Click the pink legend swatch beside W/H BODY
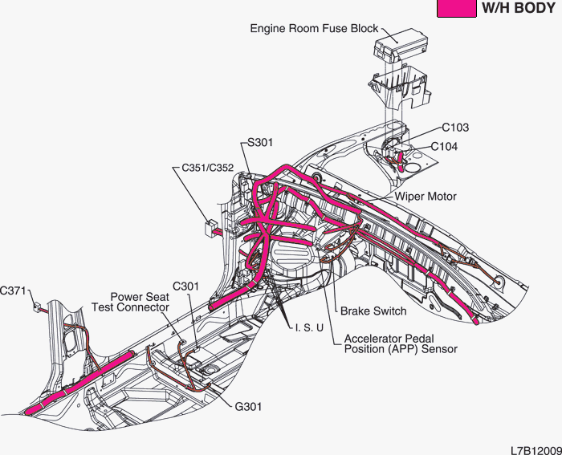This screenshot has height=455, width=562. point(455,8)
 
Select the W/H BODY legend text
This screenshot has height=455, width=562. point(518,8)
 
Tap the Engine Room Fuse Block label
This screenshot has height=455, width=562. point(314,29)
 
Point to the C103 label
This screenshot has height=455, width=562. point(455,128)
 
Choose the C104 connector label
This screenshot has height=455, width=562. point(445,147)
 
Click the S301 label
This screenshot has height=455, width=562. point(260,143)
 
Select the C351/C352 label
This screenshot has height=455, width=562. point(207,169)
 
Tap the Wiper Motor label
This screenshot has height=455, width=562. point(425,197)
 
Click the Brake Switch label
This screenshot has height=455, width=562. point(373,311)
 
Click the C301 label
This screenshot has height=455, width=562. point(185,286)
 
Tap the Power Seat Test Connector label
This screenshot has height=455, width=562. point(140,303)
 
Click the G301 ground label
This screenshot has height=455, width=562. point(248,407)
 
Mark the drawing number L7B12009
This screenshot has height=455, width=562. point(534,446)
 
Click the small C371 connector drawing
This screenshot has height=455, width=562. point(36,306)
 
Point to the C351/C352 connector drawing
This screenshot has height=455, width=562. point(211,228)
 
